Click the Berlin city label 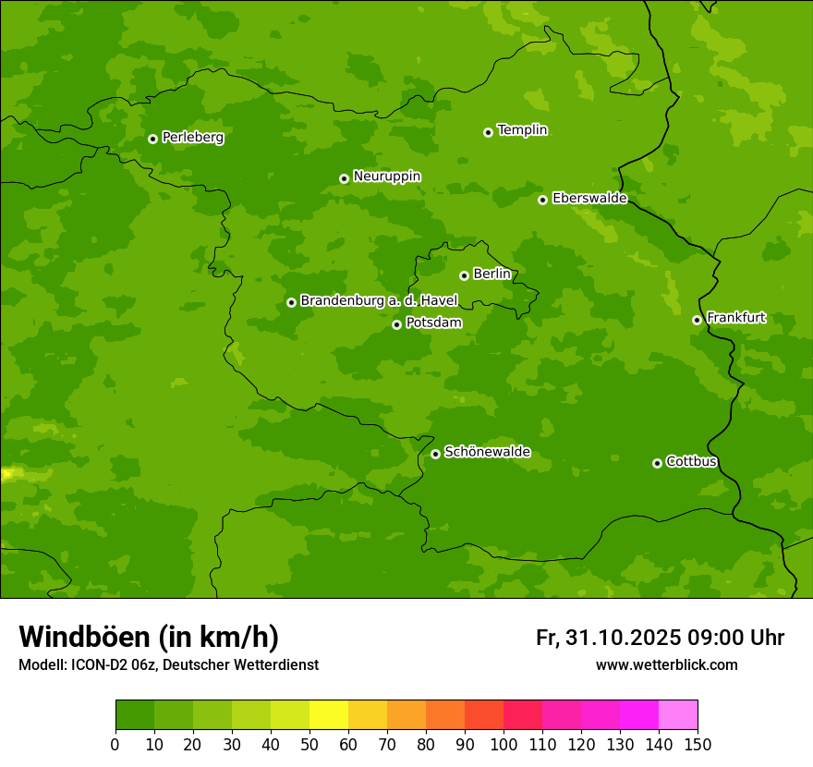click(491, 274)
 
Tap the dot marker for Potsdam click(397, 324)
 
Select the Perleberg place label click(193, 138)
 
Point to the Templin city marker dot click(489, 132)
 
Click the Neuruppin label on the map click(387, 177)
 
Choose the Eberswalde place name click(589, 199)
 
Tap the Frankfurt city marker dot click(698, 320)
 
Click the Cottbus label click(691, 462)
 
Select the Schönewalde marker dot click(436, 454)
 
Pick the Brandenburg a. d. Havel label click(379, 301)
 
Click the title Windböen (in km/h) click(149, 637)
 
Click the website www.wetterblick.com click(666, 664)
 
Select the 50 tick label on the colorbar click(309, 745)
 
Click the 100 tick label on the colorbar click(504, 745)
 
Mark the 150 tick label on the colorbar click(698, 745)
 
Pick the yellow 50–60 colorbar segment click(329, 715)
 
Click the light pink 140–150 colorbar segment click(678, 715)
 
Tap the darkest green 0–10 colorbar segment click(135, 715)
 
